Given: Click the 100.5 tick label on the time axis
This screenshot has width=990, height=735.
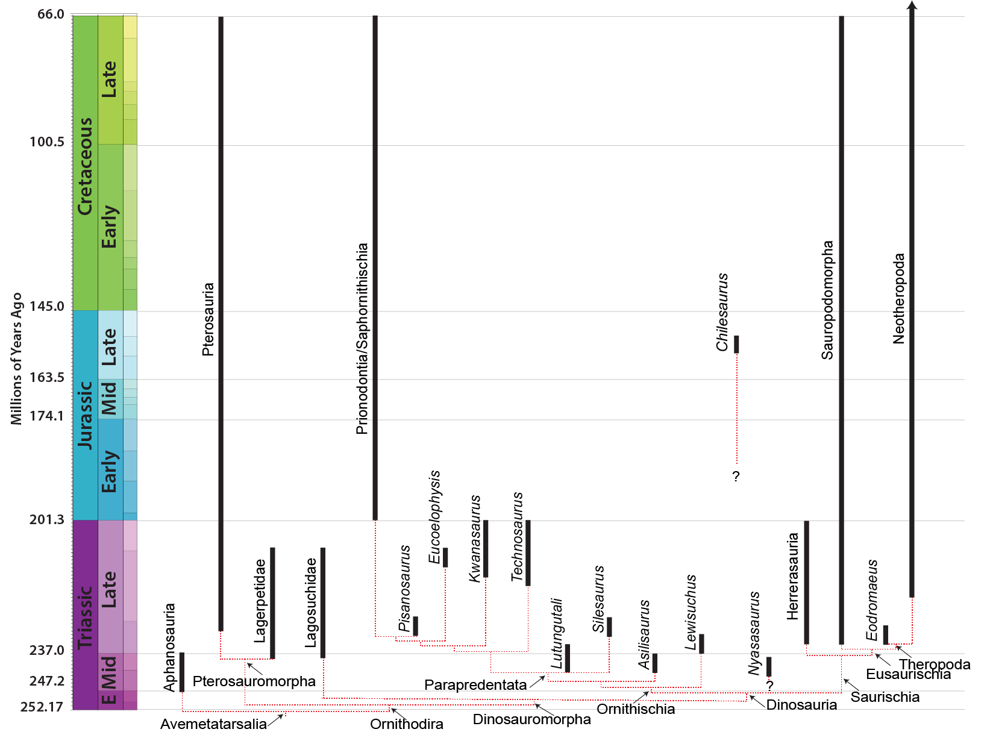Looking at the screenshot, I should (47, 142).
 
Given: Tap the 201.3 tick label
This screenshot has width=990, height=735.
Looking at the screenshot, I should (47, 519).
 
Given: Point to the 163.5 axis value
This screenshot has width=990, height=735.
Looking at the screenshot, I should (47, 377).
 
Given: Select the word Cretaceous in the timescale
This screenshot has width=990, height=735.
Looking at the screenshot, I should (85, 166).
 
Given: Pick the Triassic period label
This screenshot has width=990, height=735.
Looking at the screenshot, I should (85, 616).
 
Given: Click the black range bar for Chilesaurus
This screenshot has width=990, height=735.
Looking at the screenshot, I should (736, 345).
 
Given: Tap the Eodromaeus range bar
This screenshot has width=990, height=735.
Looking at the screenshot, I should (886, 635).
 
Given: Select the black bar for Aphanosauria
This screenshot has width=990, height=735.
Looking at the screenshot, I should (182, 672).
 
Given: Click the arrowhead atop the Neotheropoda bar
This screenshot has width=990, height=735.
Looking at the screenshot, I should (912, 5).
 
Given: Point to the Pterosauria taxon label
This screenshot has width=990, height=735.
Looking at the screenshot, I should (208, 320).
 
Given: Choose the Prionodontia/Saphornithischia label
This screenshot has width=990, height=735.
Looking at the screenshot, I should (362, 339).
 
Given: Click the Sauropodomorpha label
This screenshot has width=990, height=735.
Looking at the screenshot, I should (827, 300).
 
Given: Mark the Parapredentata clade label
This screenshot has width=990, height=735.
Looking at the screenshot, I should (475, 685).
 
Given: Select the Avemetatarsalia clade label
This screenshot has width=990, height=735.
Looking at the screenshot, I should (213, 724).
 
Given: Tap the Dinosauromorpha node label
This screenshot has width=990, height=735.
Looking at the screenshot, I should (531, 719).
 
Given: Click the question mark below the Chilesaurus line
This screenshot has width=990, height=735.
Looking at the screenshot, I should (736, 477).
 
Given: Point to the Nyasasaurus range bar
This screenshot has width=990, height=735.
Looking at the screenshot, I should (769, 667).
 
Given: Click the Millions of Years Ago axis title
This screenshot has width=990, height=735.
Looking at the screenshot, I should (16, 358).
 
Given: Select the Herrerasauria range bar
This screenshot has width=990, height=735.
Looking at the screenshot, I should (807, 582).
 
